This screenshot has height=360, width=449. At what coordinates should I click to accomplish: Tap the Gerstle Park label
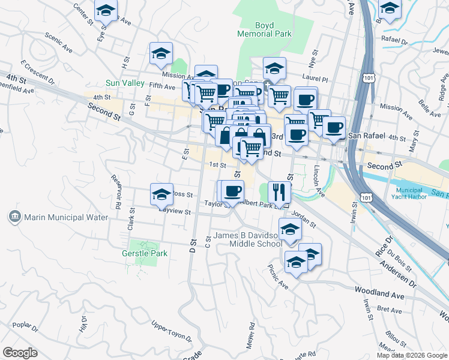pyautogui.click(x=144, y=254)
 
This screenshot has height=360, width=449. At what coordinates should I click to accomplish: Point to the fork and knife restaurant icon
pyautogui.click(x=279, y=192)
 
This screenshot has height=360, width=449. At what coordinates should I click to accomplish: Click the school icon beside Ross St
pyautogui.click(x=161, y=194)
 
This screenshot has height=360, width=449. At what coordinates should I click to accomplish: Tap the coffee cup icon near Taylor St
pyautogui.click(x=232, y=191)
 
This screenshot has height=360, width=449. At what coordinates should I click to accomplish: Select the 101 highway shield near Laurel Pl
pyautogui.click(x=369, y=78)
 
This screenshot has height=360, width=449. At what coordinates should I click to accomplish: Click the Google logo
pyautogui.click(x=20, y=353)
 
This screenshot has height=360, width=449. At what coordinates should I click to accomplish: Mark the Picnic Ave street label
pyautogui.click(x=279, y=277)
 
